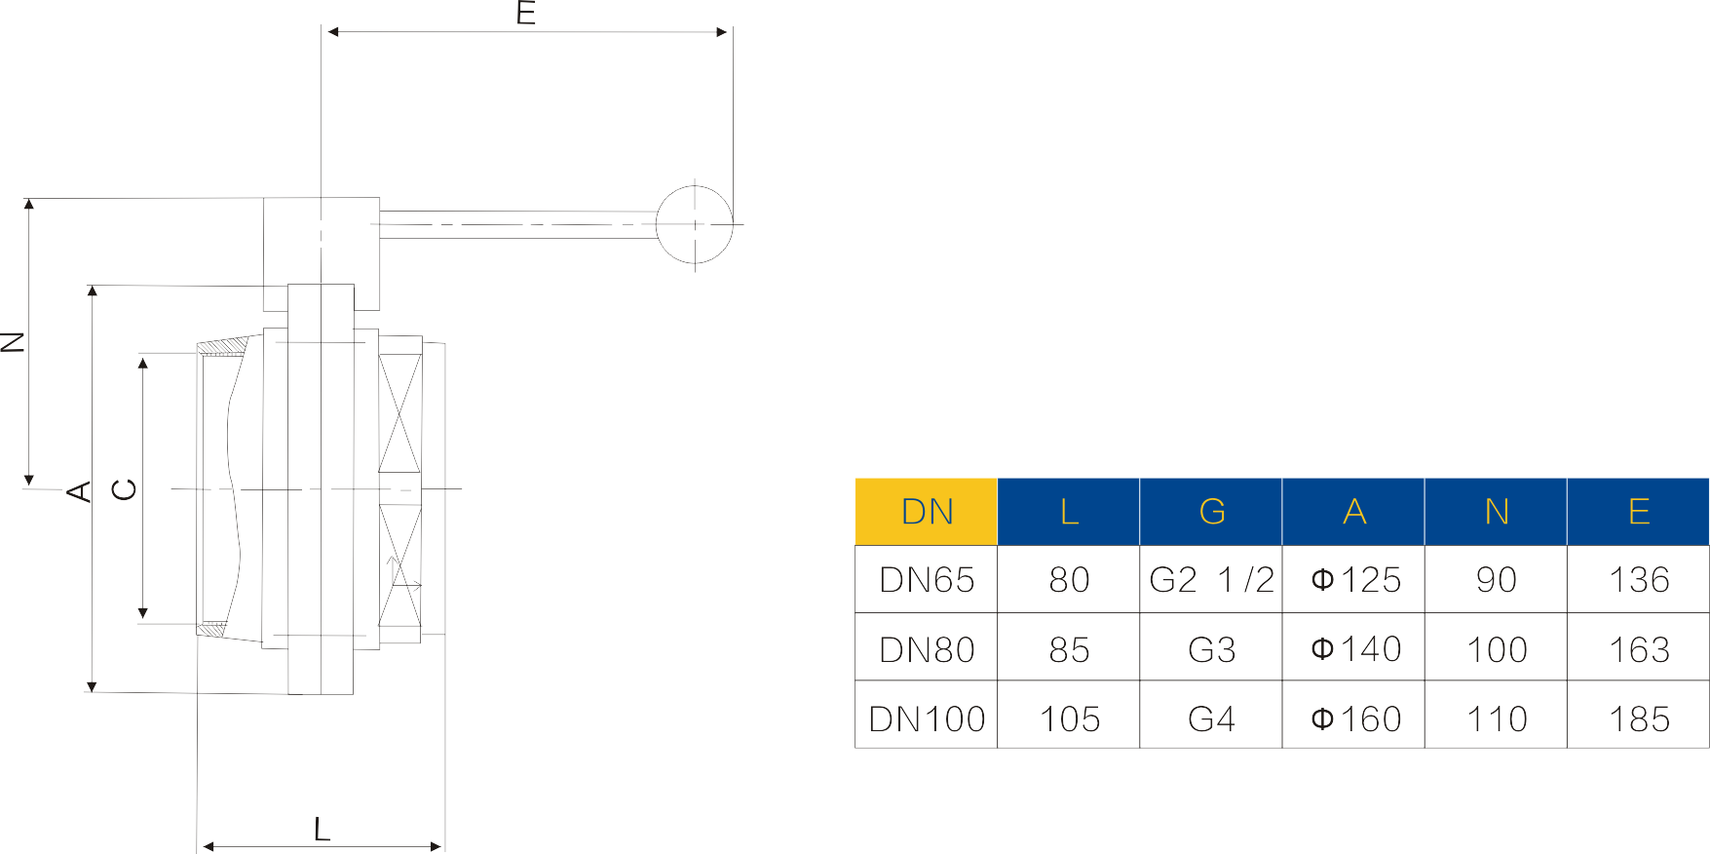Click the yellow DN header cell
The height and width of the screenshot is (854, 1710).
pyautogui.click(x=927, y=512)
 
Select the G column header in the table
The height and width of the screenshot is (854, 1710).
pyautogui.click(x=1211, y=512)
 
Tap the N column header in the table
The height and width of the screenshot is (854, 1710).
pyautogui.click(x=1497, y=512)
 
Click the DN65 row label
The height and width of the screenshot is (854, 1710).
pyautogui.click(x=927, y=580)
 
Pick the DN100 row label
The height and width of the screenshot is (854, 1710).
pyautogui.click(x=927, y=719)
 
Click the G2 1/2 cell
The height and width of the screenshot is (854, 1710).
pyautogui.click(x=1211, y=580)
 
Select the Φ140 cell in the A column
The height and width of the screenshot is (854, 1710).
pyautogui.click(x=1355, y=649)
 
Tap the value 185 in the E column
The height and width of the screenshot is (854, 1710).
pyautogui.click(x=1639, y=719)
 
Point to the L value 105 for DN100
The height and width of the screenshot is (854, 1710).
pyautogui.click(x=1069, y=719)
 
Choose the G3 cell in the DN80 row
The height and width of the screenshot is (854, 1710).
pyautogui.click(x=1211, y=649)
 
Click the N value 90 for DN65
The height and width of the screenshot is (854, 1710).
pyautogui.click(x=1497, y=580)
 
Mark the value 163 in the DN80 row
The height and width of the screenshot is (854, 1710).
pyautogui.click(x=1639, y=649)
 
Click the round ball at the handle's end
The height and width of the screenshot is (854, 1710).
pyautogui.click(x=694, y=224)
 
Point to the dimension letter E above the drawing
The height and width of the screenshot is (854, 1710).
pyautogui.click(x=526, y=14)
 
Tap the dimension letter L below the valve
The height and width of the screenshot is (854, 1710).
pyautogui.click(x=322, y=830)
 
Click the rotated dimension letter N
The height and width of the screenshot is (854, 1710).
pyautogui.click(x=13, y=341)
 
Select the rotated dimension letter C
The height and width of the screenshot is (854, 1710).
pyautogui.click(x=125, y=489)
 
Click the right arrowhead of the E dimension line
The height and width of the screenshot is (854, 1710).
pyautogui.click(x=722, y=32)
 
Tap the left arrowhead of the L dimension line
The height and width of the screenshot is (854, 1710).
pyautogui.click(x=208, y=846)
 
